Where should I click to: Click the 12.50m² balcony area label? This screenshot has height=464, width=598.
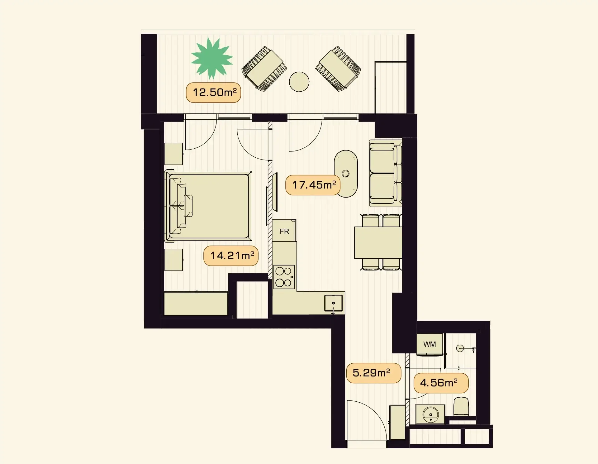coord(213,93)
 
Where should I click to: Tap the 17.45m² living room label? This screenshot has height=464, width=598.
coord(313,185)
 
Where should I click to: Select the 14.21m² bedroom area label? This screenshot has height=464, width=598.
coord(231,256)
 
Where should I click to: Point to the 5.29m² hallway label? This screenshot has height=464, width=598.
coord(373,373)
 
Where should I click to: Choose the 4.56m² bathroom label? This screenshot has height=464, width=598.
coord(441,383)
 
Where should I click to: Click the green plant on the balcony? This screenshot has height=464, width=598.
coord(212,58)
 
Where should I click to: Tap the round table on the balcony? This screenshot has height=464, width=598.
coord(299,82)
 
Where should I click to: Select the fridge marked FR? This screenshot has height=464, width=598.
coord(284,231)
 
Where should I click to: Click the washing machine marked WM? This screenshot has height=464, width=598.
coord(430,344)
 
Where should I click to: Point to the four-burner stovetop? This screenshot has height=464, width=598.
coord(284,277)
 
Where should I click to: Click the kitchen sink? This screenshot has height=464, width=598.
coord(333,303)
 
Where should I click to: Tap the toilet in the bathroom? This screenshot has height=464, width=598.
coord(461,406)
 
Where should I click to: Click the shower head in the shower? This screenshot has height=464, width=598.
coord(460,348)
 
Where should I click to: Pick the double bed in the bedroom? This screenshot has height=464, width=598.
coord(208,206)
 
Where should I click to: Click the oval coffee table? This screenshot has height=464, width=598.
coord(346,174)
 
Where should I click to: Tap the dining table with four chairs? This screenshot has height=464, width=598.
coord(378,242)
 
